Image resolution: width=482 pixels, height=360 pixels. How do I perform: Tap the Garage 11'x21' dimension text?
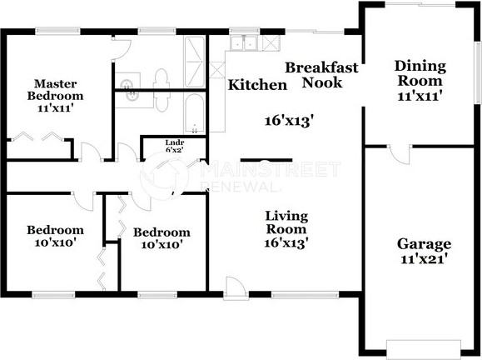[x=424, y=259]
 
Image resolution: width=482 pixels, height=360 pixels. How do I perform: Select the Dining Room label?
[x=420, y=73]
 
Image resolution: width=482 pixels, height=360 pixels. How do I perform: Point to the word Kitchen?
[x=257, y=85]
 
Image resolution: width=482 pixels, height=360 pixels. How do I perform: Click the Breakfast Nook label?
[x=322, y=75]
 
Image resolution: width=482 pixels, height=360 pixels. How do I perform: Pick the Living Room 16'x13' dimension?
[x=286, y=243]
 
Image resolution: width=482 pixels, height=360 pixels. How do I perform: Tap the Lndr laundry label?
[x=175, y=142]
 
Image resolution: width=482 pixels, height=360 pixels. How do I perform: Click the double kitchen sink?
[x=244, y=42]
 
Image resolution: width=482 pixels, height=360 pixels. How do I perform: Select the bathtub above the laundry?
[x=195, y=114]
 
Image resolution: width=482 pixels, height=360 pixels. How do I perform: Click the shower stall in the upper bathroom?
[x=194, y=62]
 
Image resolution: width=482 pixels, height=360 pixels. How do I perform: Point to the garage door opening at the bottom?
[x=424, y=349]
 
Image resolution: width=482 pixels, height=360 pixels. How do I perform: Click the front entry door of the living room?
[x=236, y=288]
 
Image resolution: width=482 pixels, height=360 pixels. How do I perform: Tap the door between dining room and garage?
[x=399, y=154]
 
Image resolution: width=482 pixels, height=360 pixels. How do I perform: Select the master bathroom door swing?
[x=121, y=48]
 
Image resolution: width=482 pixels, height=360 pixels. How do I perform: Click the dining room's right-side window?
[x=478, y=72]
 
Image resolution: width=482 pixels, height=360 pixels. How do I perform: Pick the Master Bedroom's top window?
[x=57, y=31]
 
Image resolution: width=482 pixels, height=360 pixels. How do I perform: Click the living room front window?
[x=305, y=295]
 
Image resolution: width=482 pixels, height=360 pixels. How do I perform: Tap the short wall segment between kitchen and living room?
[x=266, y=160]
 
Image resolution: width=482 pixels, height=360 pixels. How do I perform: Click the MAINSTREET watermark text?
[x=271, y=169]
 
